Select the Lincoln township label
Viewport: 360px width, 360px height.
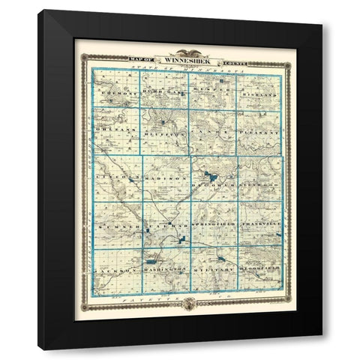point(115,178)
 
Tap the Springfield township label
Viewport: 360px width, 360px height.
point(211,224)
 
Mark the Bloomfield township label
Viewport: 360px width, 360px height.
point(259,268)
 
